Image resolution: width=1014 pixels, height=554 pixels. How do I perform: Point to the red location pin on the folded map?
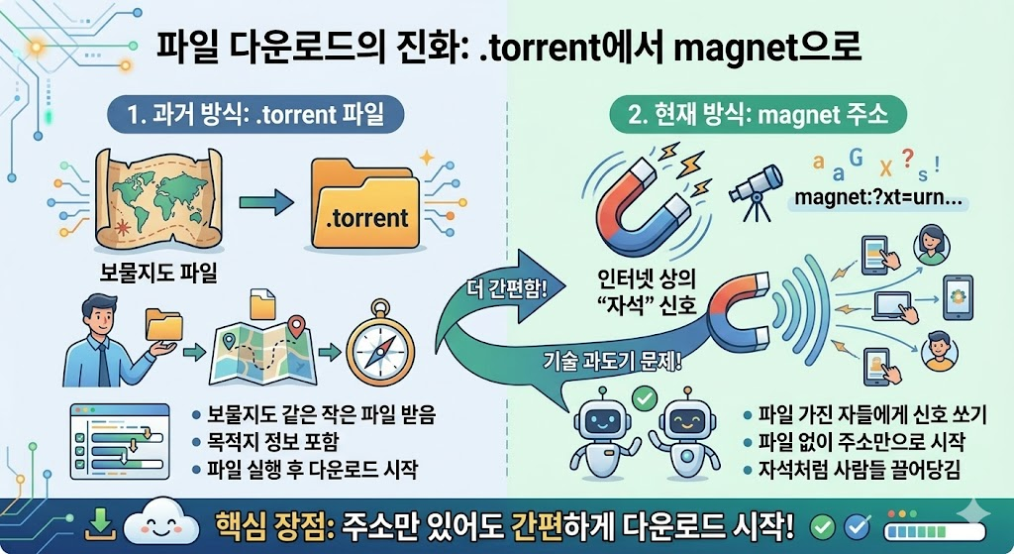click(294, 324)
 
